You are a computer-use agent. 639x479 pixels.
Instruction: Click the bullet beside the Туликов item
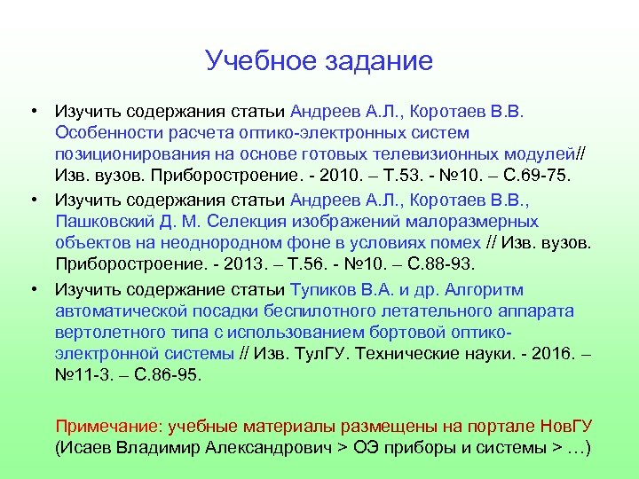[33, 290]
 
